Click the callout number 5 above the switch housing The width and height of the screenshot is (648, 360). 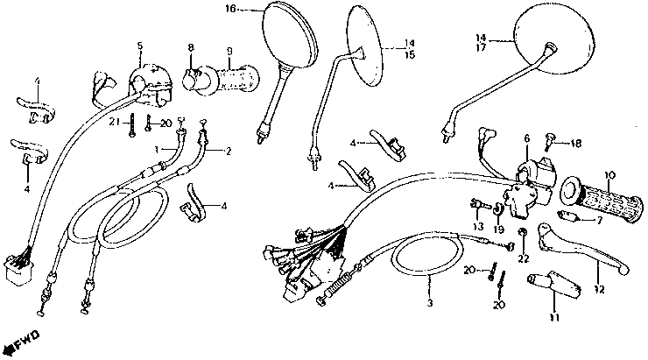[139, 45]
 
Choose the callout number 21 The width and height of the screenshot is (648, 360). [113, 122]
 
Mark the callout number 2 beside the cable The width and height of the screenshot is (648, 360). [229, 151]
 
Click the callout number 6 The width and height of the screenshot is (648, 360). [527, 138]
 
